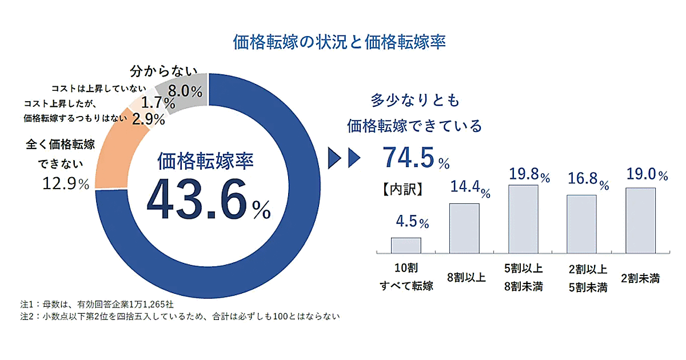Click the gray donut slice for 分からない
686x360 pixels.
[183, 94]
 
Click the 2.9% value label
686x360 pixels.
[149, 119]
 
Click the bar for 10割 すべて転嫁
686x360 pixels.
[406, 245]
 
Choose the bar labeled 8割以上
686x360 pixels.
[464, 228]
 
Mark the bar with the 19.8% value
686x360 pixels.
[523, 219]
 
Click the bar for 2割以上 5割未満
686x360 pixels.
[581, 224]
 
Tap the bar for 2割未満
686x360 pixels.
[640, 220]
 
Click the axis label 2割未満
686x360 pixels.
[640, 279]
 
